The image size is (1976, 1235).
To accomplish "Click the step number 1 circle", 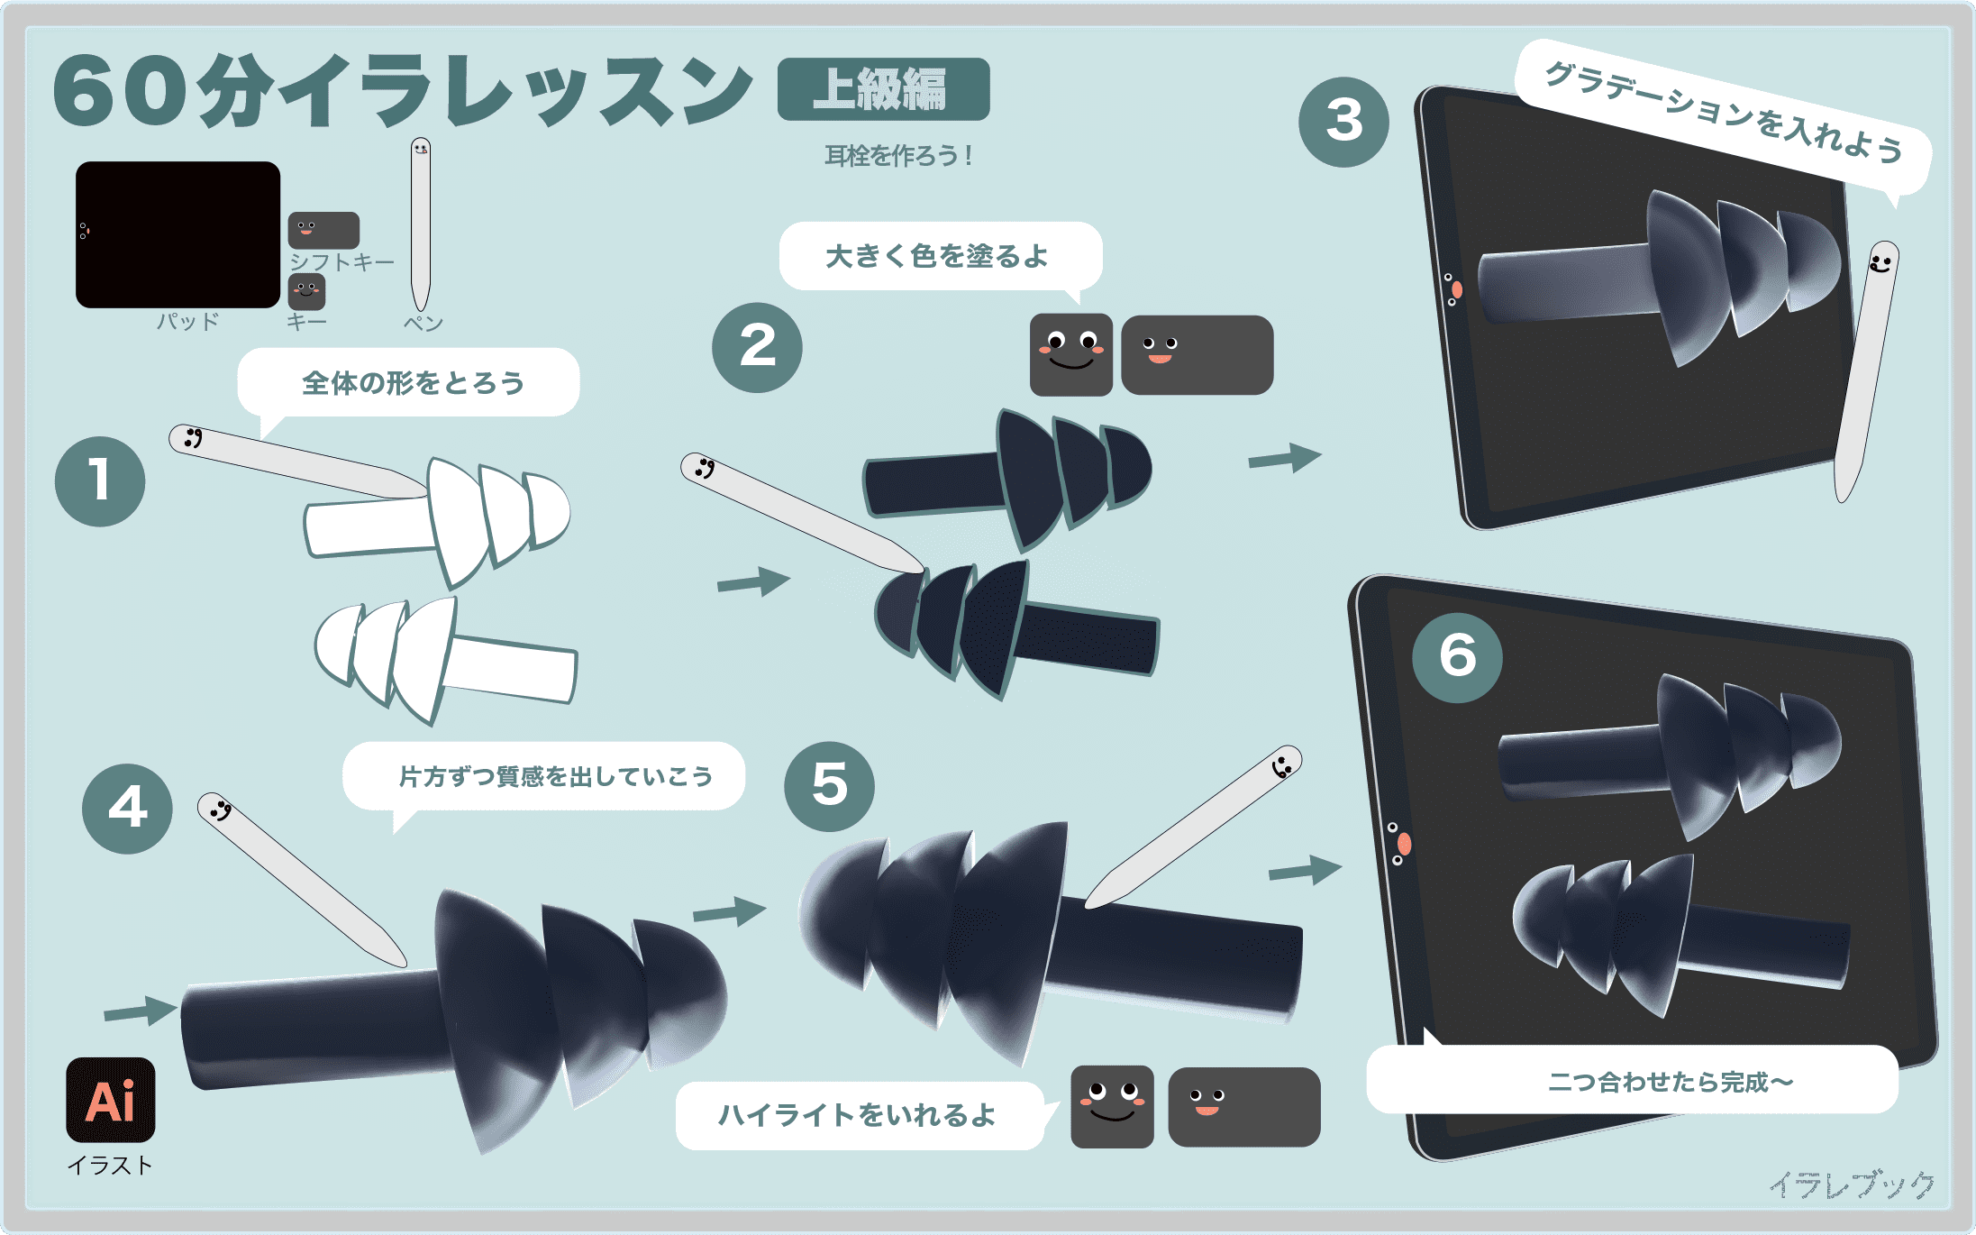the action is (100, 481).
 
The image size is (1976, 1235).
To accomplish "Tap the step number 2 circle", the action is (757, 347).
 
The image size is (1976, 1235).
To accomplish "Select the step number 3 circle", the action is (1343, 122).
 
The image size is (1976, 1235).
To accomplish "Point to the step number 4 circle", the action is (127, 809).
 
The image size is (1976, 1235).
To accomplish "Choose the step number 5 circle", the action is (829, 786).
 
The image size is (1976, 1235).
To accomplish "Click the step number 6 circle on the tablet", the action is (1457, 658).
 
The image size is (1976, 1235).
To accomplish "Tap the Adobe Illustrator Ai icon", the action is (111, 1100).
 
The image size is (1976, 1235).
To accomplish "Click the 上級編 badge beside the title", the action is (883, 89).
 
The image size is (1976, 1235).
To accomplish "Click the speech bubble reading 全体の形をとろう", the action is (409, 383).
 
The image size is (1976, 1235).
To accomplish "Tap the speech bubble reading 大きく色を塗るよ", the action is (940, 256).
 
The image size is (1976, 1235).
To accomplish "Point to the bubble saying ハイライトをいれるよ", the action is (861, 1115).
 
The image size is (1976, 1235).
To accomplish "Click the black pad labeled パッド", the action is (178, 234).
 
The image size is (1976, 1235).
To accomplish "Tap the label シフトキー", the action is (341, 262).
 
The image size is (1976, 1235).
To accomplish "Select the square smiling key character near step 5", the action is (1112, 1106).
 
